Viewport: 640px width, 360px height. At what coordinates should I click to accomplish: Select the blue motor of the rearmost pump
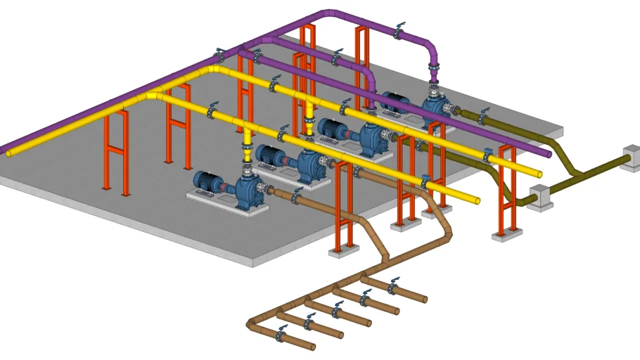coord(395,103)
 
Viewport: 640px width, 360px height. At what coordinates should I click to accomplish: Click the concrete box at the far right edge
coord(631,157)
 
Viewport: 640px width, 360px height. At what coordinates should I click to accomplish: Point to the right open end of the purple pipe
coord(547,153)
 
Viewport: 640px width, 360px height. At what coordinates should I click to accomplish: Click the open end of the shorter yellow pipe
coord(478,200)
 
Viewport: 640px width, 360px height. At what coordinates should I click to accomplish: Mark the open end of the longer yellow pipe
coord(539,173)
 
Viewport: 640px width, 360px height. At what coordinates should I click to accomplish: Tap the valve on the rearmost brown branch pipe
coord(392,285)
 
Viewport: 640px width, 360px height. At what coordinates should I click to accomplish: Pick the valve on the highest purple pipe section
coord(399,32)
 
